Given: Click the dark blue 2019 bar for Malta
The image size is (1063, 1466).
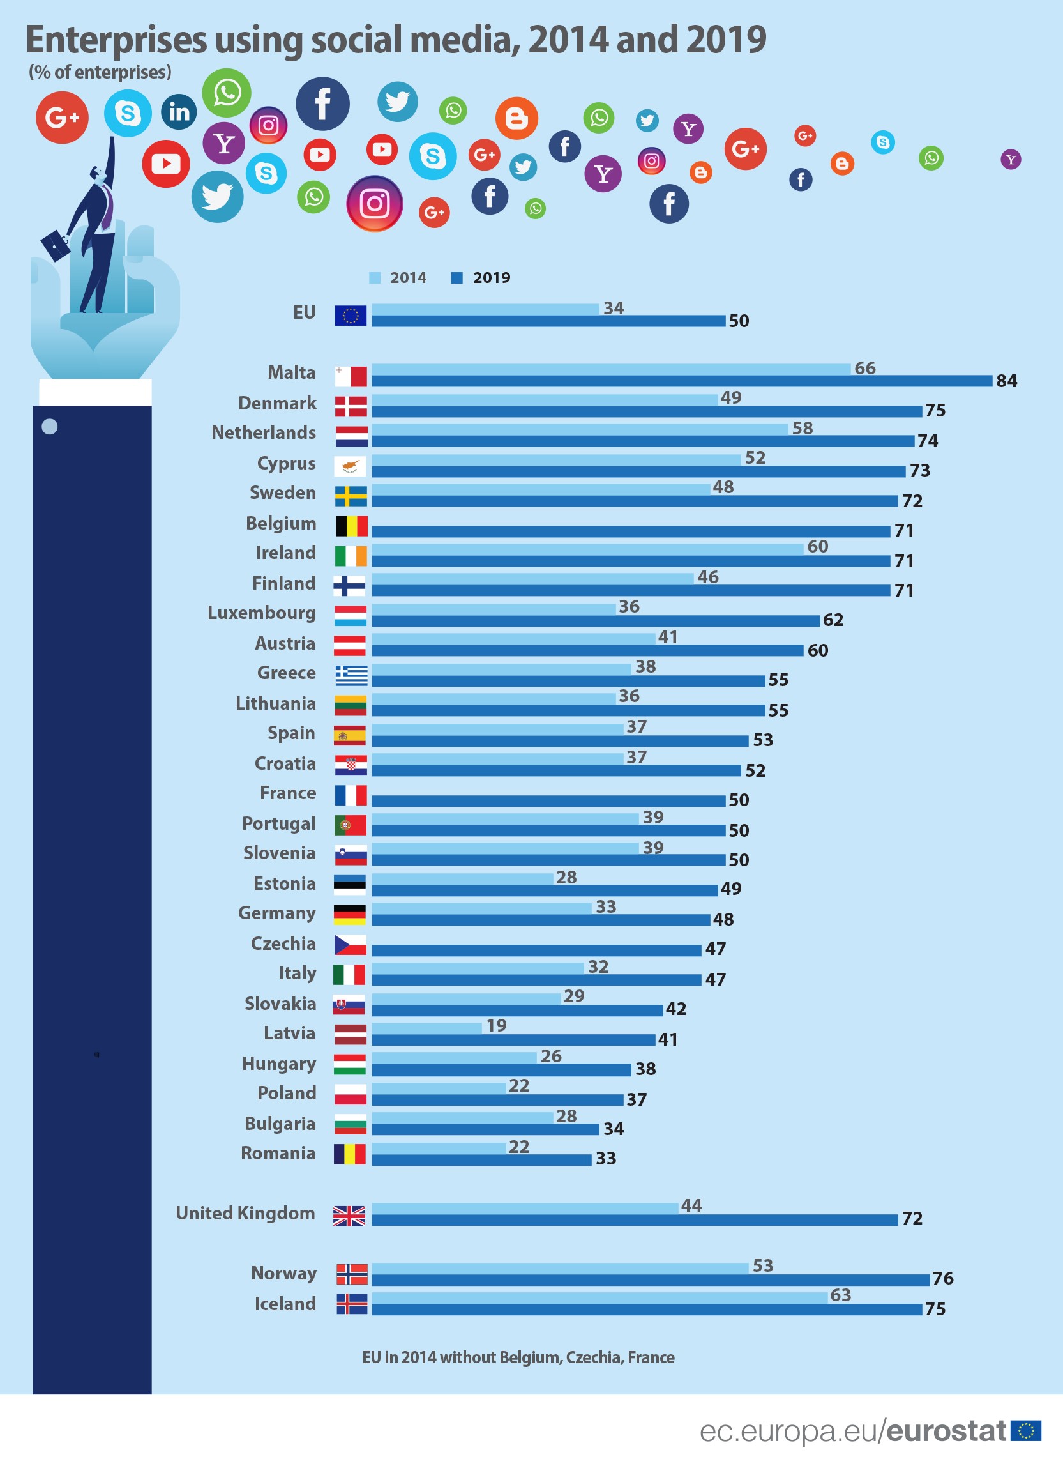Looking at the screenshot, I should tap(682, 381).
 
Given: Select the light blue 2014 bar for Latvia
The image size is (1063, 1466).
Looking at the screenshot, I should tap(426, 1028).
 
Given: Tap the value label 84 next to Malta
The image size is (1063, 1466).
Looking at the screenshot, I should tap(1006, 381).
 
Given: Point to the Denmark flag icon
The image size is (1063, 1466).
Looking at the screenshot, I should tap(351, 406).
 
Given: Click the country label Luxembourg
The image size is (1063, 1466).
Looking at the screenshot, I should tap(261, 613).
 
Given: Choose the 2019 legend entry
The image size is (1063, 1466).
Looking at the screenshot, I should tap(481, 278).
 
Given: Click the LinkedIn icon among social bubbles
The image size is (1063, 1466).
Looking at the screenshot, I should tap(179, 112).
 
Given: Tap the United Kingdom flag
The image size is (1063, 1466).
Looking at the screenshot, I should tap(349, 1216).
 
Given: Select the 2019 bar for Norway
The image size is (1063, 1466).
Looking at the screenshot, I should tap(650, 1279).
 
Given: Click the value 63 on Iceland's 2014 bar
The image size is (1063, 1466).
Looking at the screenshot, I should tap(840, 1295).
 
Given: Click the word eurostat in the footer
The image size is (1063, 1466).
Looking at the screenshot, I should tap(946, 1431).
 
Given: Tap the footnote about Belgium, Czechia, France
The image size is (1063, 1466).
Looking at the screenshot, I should tap(518, 1357).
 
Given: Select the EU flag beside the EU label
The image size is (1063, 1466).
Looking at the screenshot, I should tap(351, 316).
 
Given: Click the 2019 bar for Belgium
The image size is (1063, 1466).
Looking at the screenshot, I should tap(631, 531).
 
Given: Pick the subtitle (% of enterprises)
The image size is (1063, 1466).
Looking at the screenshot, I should tap(100, 72).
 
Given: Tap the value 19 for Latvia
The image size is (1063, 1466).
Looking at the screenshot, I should tap(495, 1026).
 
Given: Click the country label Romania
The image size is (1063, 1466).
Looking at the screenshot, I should tap(278, 1153).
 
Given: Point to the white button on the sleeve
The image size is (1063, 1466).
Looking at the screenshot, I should tap(50, 427).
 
